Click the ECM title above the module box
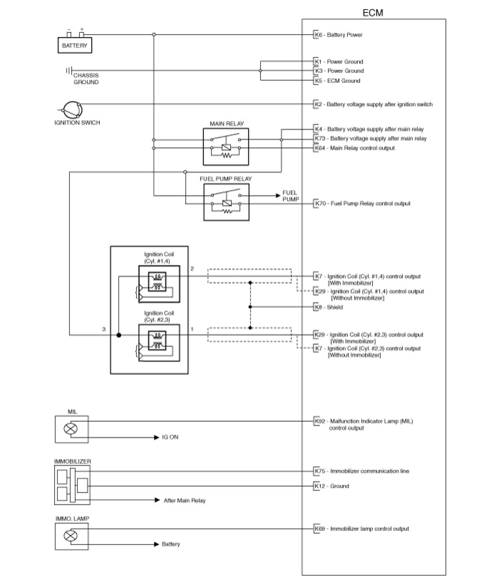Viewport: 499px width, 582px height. [x=373, y=13]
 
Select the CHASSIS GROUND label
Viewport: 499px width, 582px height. [x=86, y=79]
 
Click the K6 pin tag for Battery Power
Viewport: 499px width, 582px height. [x=317, y=35]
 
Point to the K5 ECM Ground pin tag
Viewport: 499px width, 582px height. [x=317, y=81]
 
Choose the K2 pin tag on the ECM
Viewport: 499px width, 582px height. [x=317, y=104]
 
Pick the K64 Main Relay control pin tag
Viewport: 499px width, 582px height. [x=319, y=148]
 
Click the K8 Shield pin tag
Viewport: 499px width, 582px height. [x=317, y=307]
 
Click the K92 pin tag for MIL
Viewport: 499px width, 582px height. [x=319, y=421]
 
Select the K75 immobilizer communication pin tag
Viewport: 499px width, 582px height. [x=319, y=471]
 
